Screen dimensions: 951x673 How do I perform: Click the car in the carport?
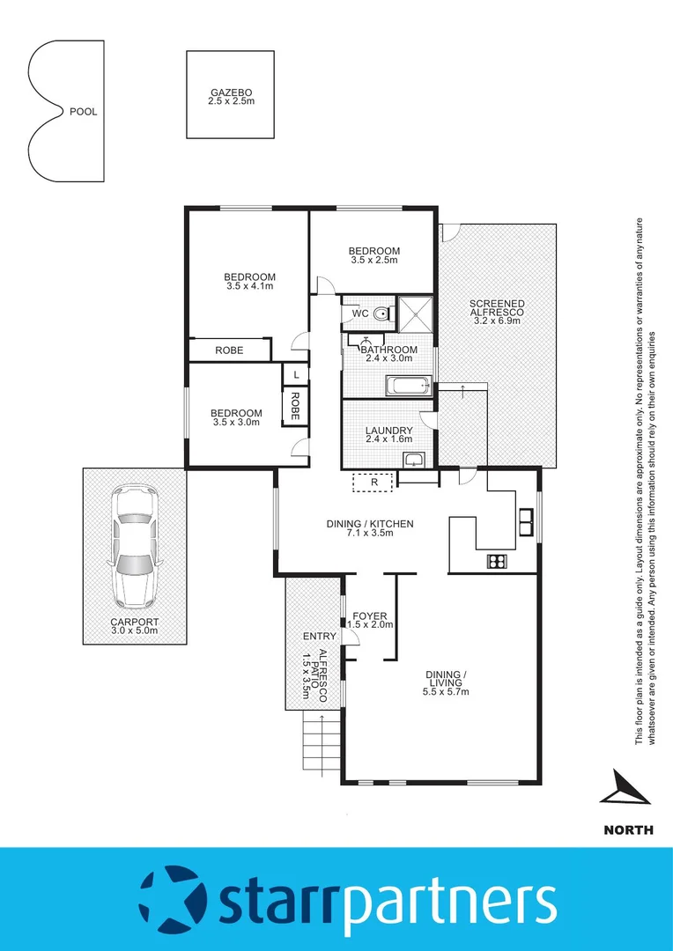coord(134,548)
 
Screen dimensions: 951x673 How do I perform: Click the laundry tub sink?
coord(414,459)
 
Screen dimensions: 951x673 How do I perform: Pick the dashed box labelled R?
coord(373,483)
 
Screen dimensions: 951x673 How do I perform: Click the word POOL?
coord(83,112)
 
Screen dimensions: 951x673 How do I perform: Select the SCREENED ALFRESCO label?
coord(498,307)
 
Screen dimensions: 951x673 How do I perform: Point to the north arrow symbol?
coord(626,787)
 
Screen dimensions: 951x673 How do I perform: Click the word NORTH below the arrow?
coord(628,829)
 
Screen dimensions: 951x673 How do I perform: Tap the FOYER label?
coord(369,616)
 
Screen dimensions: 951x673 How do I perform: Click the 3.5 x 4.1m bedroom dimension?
coord(249,286)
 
